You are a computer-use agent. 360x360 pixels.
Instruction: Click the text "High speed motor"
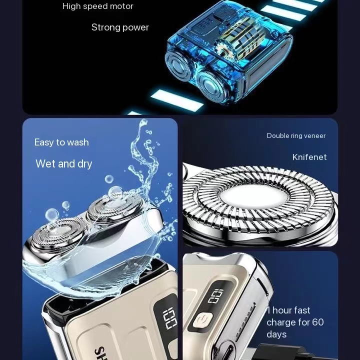point(98,6)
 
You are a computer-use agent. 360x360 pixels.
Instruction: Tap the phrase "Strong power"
point(120,27)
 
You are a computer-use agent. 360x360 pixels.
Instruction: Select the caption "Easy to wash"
point(61,142)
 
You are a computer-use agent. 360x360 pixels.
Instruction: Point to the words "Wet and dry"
point(64,164)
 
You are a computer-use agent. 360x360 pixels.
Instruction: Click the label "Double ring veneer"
point(296,136)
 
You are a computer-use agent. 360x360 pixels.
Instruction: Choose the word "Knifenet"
point(309,157)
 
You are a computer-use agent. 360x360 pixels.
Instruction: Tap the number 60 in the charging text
point(318,322)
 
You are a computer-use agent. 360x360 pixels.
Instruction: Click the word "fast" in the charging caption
point(302,310)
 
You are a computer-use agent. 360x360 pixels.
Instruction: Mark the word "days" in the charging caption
point(276,334)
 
